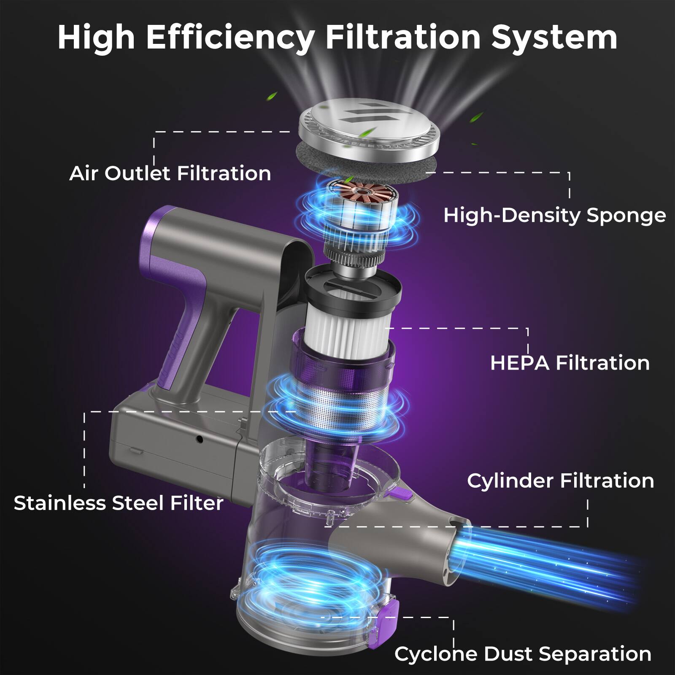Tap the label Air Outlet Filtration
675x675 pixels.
tap(170, 173)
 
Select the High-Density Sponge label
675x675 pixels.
tap(554, 216)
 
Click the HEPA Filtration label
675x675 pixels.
tap(570, 363)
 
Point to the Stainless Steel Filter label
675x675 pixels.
tap(119, 503)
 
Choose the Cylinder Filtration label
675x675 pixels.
tap(560, 481)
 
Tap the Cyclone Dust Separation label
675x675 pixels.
tap(523, 654)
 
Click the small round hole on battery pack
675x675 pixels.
tap(200, 440)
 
